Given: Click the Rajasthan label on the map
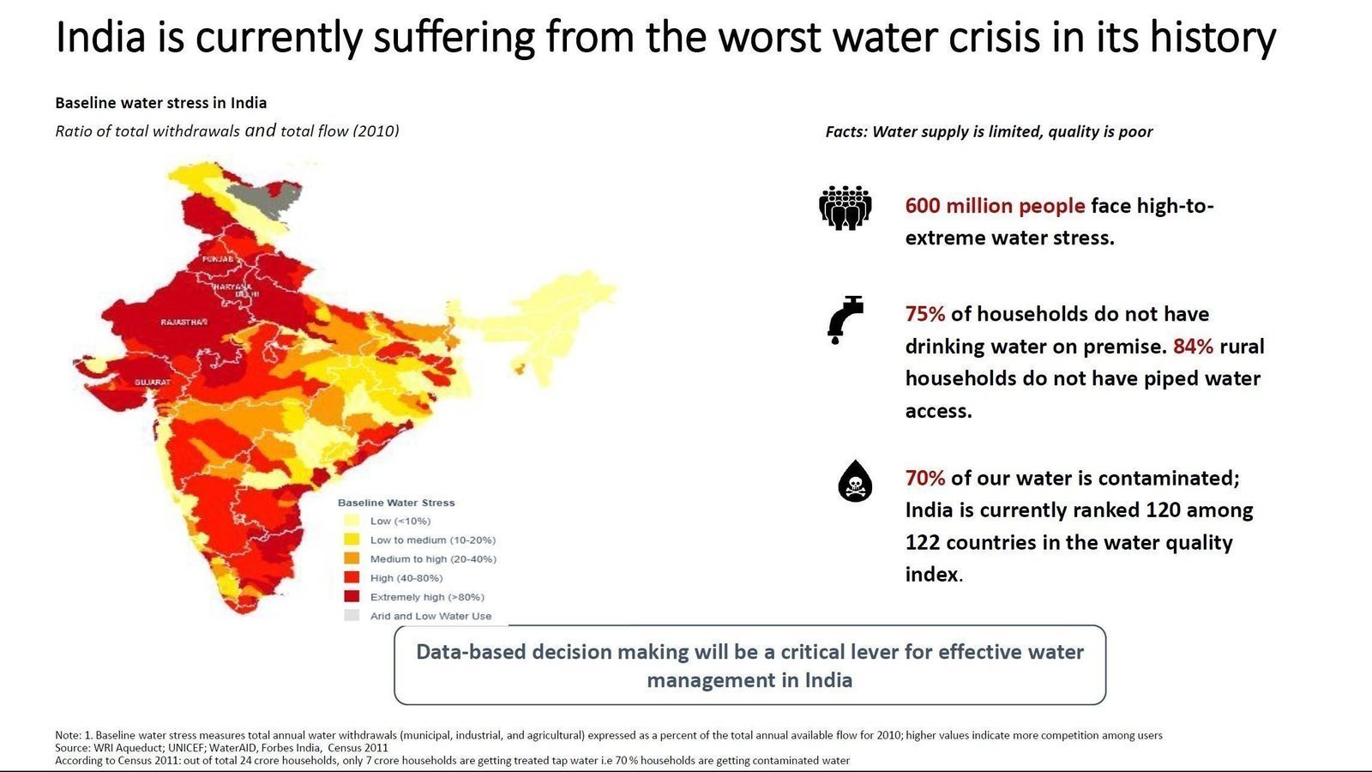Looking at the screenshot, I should click(184, 323).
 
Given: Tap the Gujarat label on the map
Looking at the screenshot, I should click(152, 382).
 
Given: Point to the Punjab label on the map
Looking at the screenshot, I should click(218, 258).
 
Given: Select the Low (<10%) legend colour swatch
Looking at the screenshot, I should click(352, 521).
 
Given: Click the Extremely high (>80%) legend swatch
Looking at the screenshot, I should click(352, 596).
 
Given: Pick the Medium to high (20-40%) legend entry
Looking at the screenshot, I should click(432, 558).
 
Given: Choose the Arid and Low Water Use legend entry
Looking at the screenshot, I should click(430, 616).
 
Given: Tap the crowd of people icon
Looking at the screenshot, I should click(845, 208).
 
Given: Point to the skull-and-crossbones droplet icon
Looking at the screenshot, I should click(854, 481).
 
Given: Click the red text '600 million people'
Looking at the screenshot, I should click(995, 206).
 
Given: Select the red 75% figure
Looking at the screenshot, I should click(924, 314).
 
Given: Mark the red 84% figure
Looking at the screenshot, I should click(1193, 347).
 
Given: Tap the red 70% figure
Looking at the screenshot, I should click(924, 478).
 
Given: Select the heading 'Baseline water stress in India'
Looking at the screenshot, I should click(161, 103).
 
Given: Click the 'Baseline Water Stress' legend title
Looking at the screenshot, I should click(396, 503).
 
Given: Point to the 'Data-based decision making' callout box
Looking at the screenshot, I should click(749, 666).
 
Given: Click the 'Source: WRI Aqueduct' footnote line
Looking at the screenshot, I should click(221, 748).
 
